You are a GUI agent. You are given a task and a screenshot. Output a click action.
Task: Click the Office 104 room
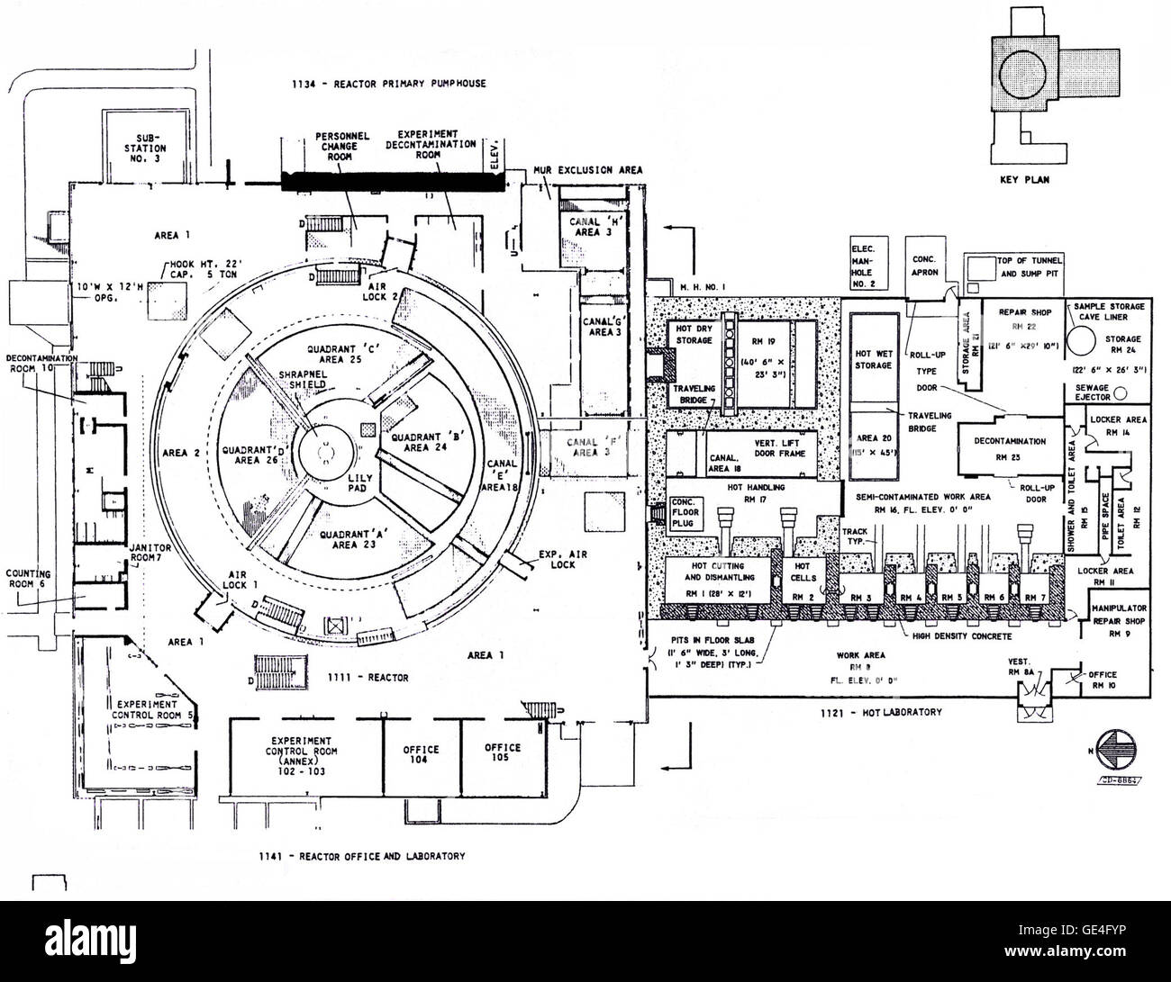pyautogui.click(x=421, y=754)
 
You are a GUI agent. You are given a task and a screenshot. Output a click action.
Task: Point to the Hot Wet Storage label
pyautogui.click(x=872, y=359)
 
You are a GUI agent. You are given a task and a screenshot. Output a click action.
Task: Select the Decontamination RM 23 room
pyautogui.click(x=1009, y=447)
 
